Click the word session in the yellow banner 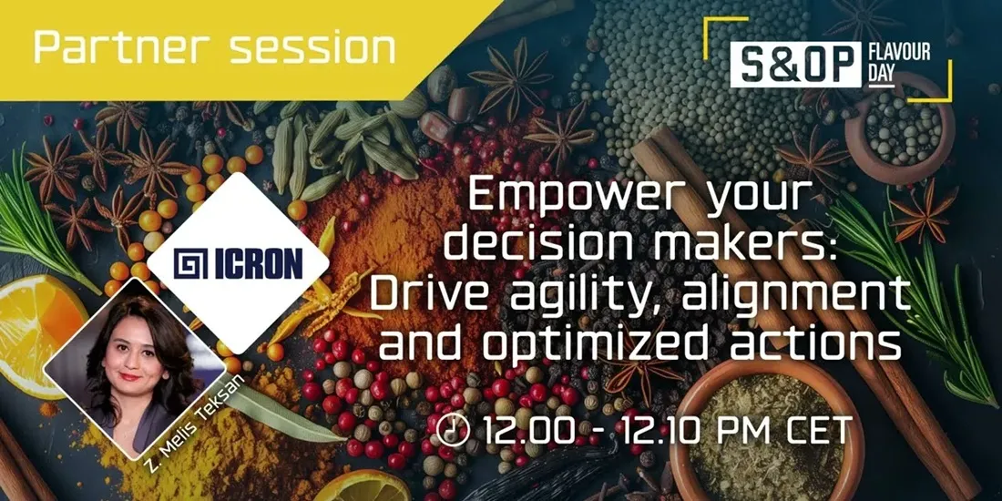pyautogui.click(x=312, y=48)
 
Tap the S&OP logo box pyautogui.click(x=795, y=64)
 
